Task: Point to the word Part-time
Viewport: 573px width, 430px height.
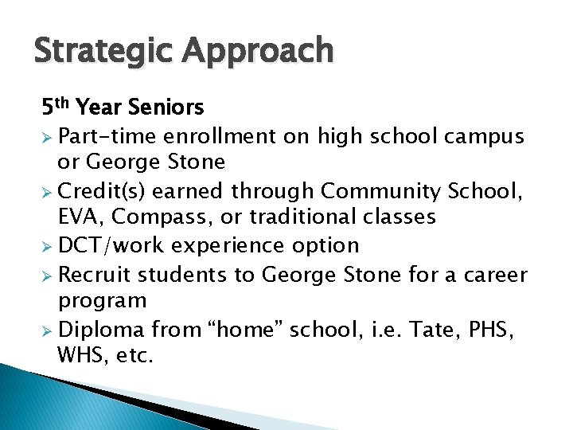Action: tap(108, 136)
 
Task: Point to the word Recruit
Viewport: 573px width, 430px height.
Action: tap(95, 275)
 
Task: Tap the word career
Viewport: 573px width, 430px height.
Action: tap(495, 275)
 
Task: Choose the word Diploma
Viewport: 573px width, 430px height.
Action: tap(102, 329)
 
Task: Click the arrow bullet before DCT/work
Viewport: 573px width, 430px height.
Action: tap(49, 246)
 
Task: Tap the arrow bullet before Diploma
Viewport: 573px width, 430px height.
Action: tap(49, 330)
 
